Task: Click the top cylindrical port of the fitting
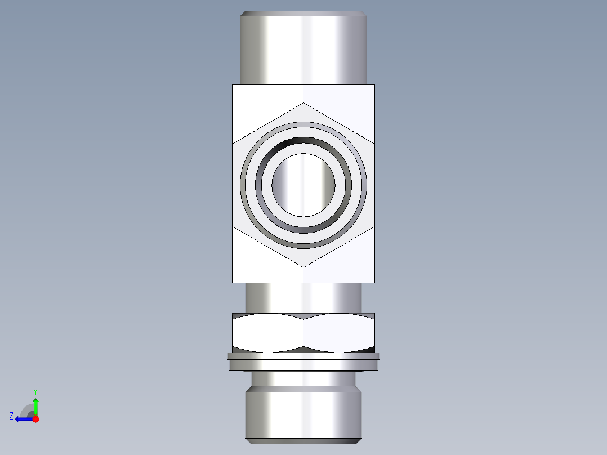point(303,48)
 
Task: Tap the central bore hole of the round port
point(303,184)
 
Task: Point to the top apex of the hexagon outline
point(303,104)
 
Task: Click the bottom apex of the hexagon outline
point(303,266)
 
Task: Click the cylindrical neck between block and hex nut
point(303,297)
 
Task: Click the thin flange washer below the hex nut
point(303,362)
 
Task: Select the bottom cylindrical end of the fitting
point(303,414)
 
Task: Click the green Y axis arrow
point(35,404)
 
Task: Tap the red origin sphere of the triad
point(35,419)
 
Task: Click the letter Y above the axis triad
point(35,391)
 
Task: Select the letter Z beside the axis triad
point(11,416)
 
